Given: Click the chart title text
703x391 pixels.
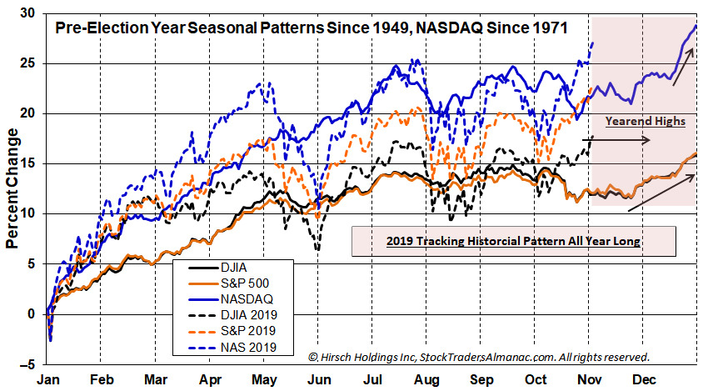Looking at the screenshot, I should tap(311, 28).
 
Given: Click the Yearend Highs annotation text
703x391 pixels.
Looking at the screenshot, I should tap(644, 121).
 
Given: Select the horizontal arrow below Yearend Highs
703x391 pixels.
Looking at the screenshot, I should tap(621, 140).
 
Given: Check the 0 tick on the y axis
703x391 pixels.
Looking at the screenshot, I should tap(32, 313).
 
